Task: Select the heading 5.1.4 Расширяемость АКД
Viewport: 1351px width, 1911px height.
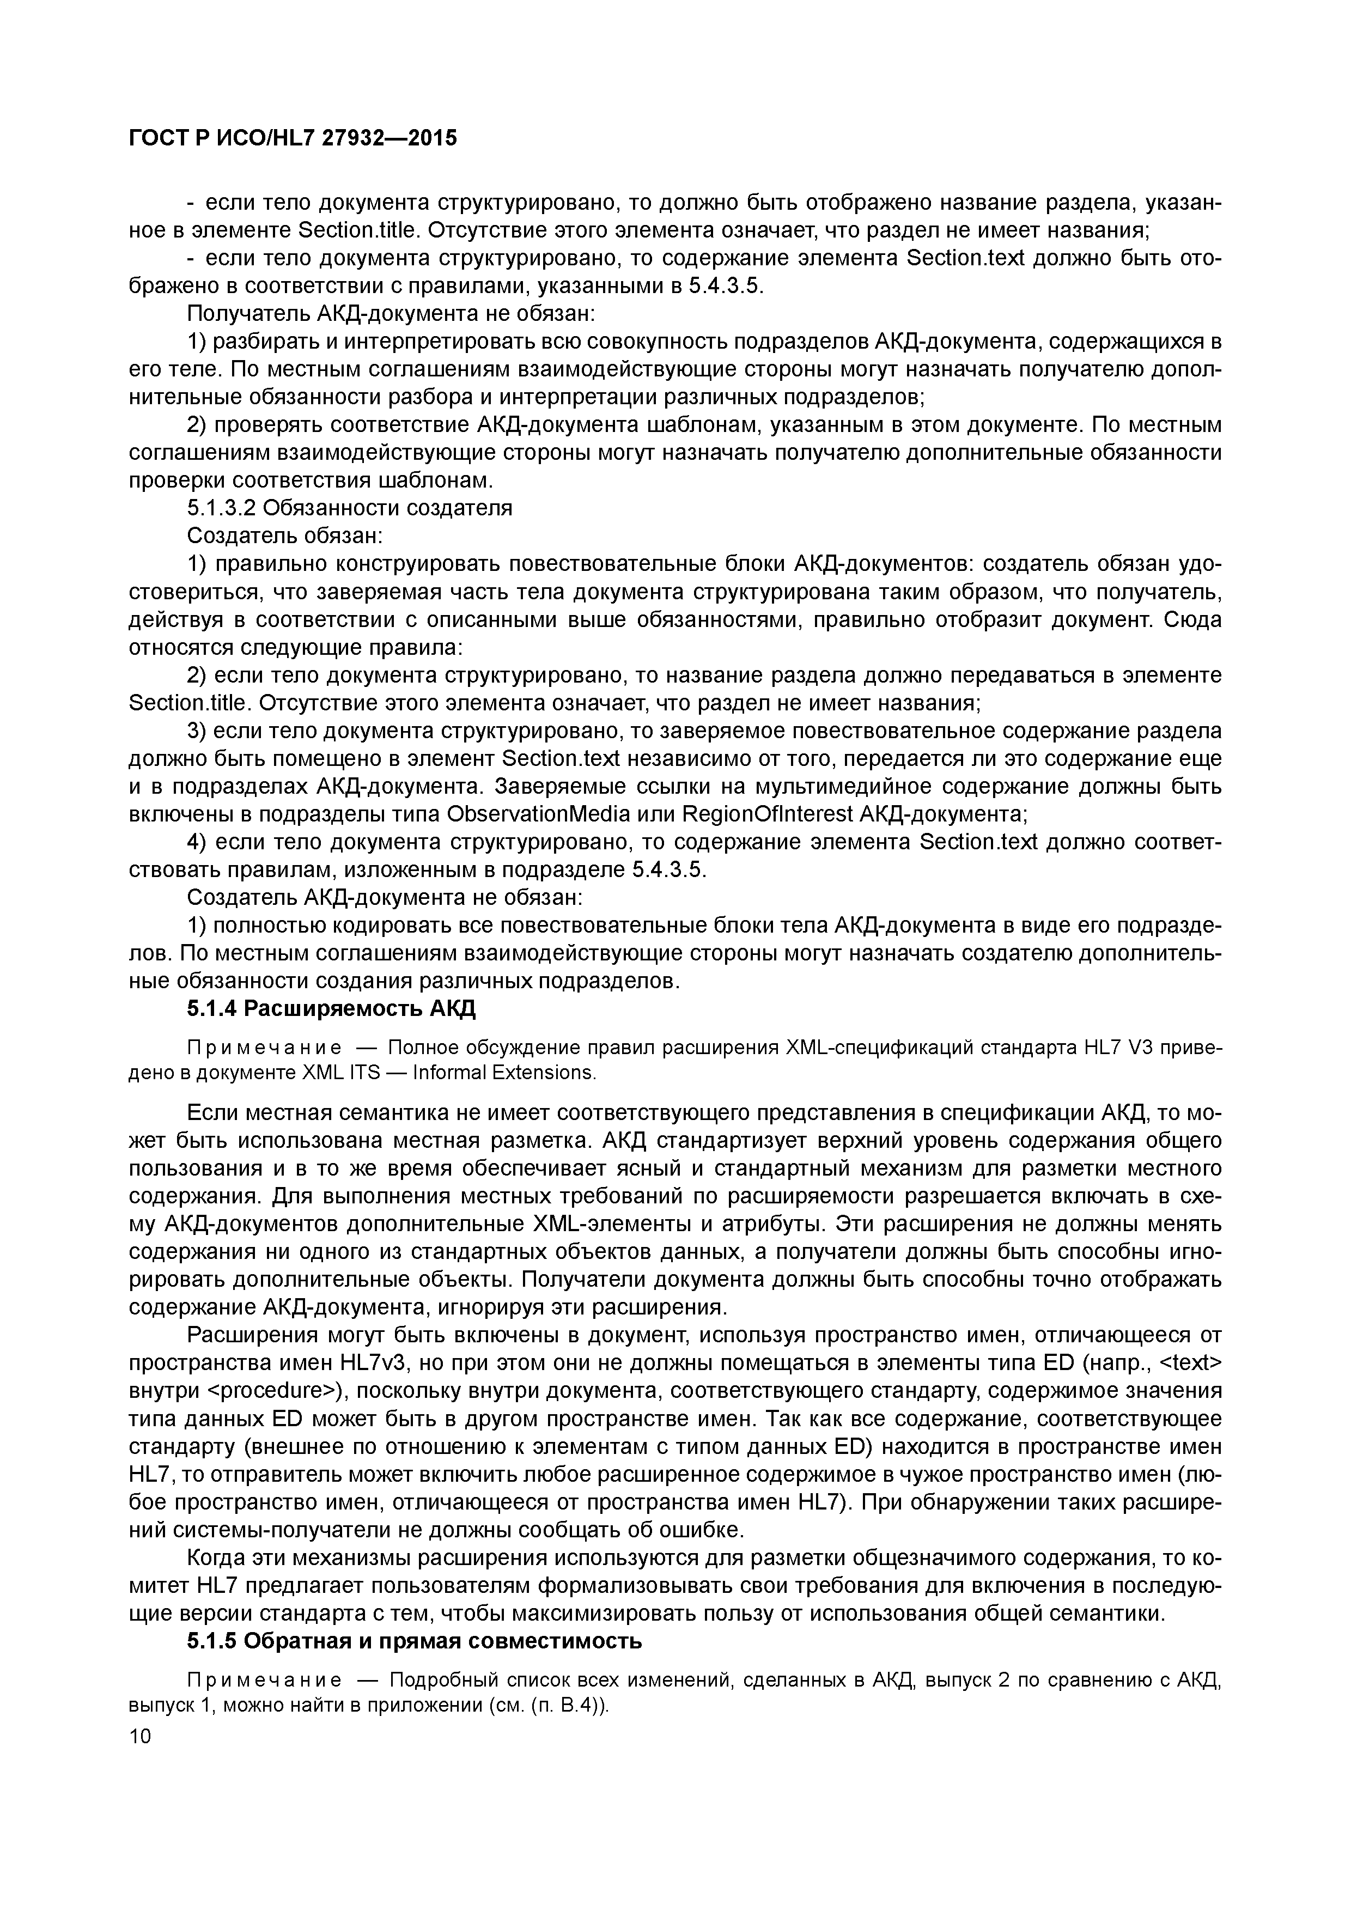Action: (331, 1009)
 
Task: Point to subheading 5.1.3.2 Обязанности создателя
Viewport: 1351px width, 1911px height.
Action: (350, 508)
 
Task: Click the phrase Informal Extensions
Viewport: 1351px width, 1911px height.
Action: (503, 1072)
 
